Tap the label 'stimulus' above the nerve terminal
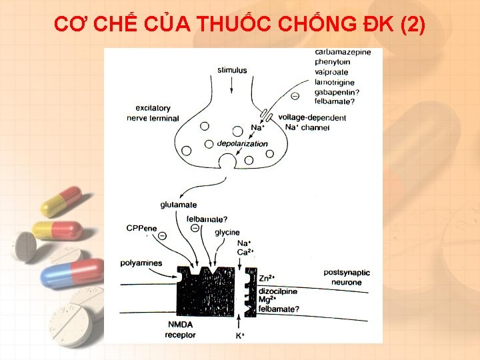coord(232,70)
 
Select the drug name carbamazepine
coord(343,53)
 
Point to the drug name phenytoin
coord(333,63)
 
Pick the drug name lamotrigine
coord(335,82)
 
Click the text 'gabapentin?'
coord(337,92)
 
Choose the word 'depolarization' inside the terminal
coord(242,143)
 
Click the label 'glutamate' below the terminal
coord(179,205)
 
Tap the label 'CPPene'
coord(141,228)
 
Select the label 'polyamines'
coord(141,263)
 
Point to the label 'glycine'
coord(227,232)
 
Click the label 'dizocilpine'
coord(278,291)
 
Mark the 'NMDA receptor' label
coord(180,329)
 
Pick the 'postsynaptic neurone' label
coord(345,277)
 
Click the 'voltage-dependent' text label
coord(312,118)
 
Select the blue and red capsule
coord(71,273)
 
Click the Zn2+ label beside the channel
coord(267,278)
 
